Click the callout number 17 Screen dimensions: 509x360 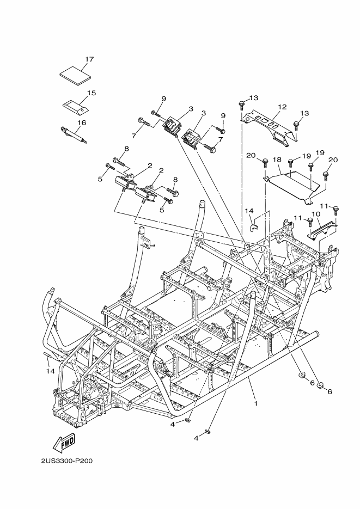(x=89, y=59)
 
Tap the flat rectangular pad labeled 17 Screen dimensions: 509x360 (x=74, y=74)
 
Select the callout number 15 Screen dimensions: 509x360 (x=91, y=93)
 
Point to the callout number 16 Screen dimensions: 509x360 (x=82, y=122)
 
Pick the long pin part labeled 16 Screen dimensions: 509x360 (x=74, y=134)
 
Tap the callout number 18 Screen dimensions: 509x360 (x=277, y=160)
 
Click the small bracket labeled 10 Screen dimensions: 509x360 (x=321, y=230)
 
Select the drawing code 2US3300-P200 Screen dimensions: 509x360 (x=67, y=461)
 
